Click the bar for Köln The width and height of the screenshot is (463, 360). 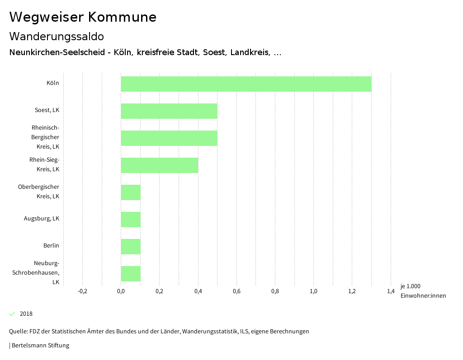pos(246,84)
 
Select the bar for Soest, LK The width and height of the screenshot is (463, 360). pos(169,111)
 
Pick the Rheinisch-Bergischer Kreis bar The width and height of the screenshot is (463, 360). pos(169,138)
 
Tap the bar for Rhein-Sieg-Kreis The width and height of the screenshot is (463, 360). pos(159,165)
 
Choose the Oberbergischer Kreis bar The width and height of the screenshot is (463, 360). pos(131,192)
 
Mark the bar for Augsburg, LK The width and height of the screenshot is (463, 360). pos(131,220)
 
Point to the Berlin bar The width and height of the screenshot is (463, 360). pos(131,247)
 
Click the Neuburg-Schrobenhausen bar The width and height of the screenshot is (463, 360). pos(131,274)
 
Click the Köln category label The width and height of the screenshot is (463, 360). pos(52,83)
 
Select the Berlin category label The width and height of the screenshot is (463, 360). pos(51,246)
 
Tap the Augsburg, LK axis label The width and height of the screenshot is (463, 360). pos(42,219)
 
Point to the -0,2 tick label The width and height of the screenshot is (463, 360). pos(82,291)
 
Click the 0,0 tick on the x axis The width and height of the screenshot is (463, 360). pos(121,291)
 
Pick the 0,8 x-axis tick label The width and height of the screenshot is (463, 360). pos(275,291)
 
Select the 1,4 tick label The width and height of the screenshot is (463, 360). pos(391,291)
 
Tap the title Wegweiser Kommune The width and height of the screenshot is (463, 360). pos(83,17)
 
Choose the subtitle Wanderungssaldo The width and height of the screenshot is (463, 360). pos(57,36)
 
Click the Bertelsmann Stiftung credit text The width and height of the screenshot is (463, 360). pos(40,346)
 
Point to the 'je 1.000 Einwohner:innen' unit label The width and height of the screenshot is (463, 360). pos(423,291)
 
